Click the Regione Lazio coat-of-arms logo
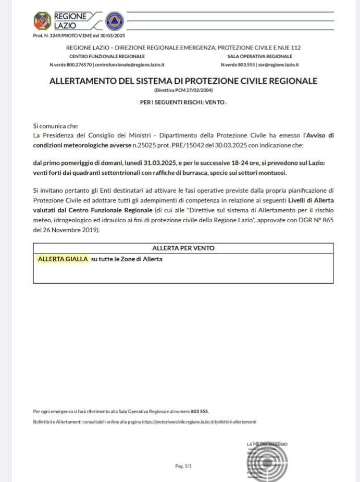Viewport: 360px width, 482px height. (x=42, y=21)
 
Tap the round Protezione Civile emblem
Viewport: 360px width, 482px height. (x=114, y=21)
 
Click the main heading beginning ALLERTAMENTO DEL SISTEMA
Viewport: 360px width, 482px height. (x=183, y=81)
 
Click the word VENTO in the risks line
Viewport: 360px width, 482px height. (x=215, y=102)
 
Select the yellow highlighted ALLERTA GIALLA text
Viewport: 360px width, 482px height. (x=63, y=259)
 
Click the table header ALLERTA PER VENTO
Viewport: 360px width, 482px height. (x=183, y=248)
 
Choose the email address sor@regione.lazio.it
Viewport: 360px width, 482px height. (x=278, y=65)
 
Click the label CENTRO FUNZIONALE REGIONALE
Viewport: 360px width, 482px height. (x=107, y=56)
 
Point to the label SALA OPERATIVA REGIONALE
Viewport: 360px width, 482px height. (x=259, y=56)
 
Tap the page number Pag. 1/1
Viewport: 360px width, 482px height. (x=183, y=466)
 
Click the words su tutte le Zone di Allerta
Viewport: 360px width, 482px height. (x=127, y=259)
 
